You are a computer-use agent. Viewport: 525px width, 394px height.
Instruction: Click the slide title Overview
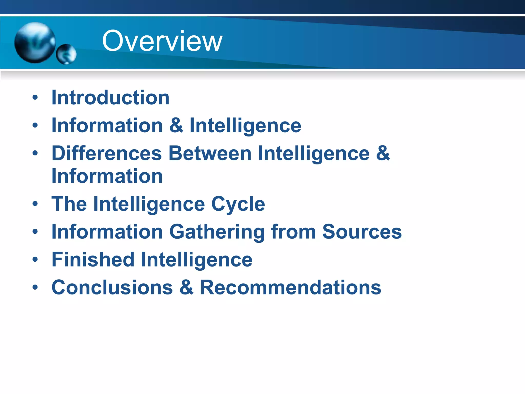click(162, 41)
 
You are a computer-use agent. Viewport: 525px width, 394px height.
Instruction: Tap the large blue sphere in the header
click(35, 42)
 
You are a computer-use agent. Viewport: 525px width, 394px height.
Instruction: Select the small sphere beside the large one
click(66, 54)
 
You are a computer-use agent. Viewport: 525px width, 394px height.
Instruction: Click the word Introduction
click(110, 98)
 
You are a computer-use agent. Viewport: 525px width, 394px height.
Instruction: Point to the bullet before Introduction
click(35, 98)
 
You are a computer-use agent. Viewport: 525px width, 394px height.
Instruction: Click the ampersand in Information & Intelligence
click(176, 125)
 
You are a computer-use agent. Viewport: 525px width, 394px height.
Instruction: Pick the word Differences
click(107, 153)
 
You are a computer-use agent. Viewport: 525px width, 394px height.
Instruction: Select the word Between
click(210, 153)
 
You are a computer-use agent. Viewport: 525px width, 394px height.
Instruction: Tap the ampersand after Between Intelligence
click(383, 153)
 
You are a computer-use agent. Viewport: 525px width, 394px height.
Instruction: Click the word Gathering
click(217, 232)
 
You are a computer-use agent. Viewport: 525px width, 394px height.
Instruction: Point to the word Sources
click(362, 232)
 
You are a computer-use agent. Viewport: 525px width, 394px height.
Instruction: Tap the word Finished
click(93, 260)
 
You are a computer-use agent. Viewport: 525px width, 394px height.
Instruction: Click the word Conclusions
click(112, 288)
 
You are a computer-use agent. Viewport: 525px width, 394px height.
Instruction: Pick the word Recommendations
click(290, 288)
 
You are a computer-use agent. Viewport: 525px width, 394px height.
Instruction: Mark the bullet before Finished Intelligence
click(35, 260)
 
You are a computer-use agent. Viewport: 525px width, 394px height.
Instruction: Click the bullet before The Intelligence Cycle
click(35, 204)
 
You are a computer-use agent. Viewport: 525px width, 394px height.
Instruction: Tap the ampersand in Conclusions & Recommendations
click(186, 288)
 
